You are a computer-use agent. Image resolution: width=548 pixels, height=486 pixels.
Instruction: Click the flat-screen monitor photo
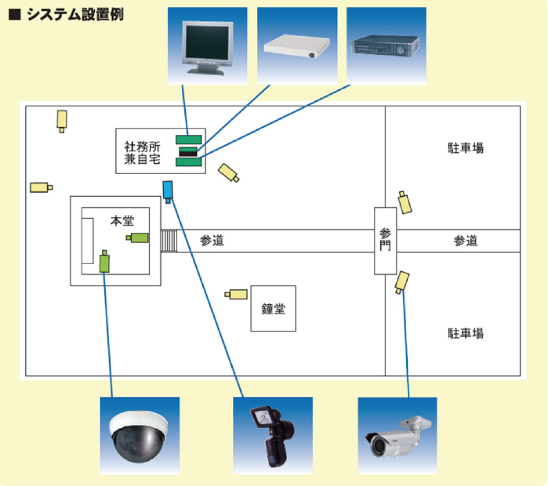click(207, 46)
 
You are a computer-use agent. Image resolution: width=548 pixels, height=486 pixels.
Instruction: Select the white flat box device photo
click(297, 46)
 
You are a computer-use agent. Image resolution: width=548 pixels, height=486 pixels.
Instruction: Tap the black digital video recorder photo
click(386, 46)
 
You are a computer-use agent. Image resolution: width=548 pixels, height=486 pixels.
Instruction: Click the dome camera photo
click(140, 436)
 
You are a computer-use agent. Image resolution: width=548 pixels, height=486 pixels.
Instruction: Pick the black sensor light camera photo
click(272, 436)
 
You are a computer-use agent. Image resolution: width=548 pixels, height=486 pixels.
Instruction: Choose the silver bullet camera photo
click(397, 436)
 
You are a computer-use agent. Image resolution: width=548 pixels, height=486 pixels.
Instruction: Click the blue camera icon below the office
click(168, 190)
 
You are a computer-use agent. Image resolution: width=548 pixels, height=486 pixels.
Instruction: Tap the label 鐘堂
click(273, 308)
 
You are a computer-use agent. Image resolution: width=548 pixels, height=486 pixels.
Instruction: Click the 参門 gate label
click(385, 240)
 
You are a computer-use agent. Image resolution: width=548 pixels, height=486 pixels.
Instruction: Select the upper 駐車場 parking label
click(465, 148)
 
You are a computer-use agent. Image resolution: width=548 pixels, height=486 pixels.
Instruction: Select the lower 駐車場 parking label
click(465, 333)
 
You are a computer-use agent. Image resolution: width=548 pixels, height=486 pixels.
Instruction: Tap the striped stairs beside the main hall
click(169, 241)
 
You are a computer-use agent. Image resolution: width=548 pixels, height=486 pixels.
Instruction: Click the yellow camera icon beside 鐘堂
click(236, 294)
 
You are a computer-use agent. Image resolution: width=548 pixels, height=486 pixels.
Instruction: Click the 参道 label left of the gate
click(212, 241)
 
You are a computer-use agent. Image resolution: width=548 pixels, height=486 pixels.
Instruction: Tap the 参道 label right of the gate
click(465, 241)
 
